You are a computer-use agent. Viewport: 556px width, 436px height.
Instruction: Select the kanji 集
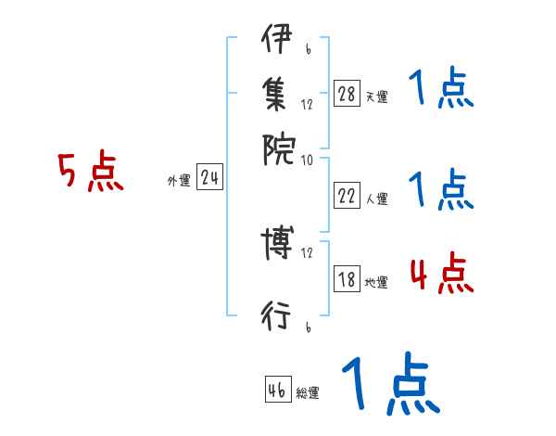[276, 93]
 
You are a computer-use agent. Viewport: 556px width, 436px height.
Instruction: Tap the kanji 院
[276, 147]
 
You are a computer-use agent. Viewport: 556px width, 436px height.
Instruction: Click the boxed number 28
[347, 94]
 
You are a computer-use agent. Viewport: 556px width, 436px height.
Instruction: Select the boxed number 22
[347, 196]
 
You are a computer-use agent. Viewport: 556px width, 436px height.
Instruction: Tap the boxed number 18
[347, 279]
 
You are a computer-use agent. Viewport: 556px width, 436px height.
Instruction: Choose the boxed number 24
[209, 178]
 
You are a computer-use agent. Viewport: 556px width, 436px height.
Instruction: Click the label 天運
[376, 96]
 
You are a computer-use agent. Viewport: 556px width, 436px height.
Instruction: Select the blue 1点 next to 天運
[440, 91]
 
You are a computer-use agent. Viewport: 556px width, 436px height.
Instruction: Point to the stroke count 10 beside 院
[308, 160]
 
